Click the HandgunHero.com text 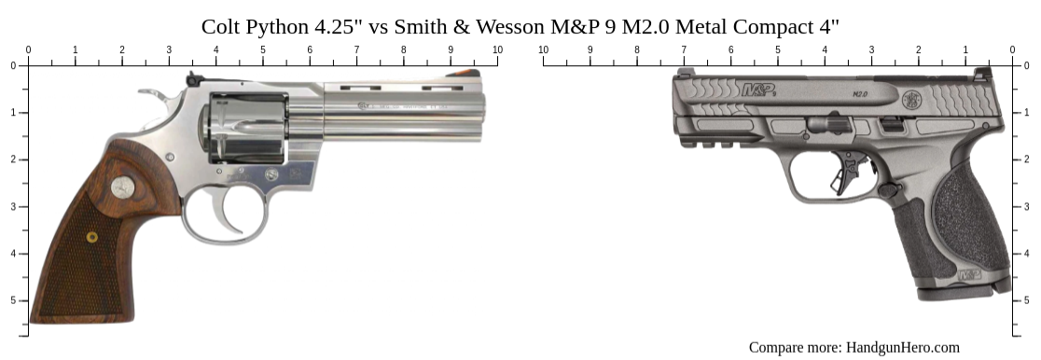[902, 348]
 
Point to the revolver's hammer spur [150, 94]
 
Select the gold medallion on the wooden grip [92, 237]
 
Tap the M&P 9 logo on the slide [758, 90]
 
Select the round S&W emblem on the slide [911, 98]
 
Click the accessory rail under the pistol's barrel [714, 141]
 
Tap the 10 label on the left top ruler [497, 49]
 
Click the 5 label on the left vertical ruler [13, 300]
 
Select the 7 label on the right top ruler [684, 49]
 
